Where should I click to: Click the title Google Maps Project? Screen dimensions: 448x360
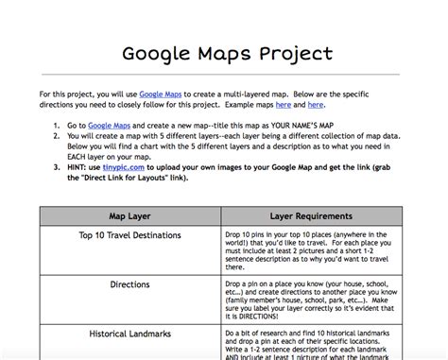coord(224,53)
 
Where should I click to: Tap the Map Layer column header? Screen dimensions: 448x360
coord(130,215)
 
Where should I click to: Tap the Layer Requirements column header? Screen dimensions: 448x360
coord(311,215)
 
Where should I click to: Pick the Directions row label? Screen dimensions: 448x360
coord(130,283)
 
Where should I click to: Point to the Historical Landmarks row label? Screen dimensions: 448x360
coord(130,333)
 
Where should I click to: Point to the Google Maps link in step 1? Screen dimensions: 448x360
coord(108,124)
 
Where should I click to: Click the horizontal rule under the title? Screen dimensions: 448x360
coord(224,75)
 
